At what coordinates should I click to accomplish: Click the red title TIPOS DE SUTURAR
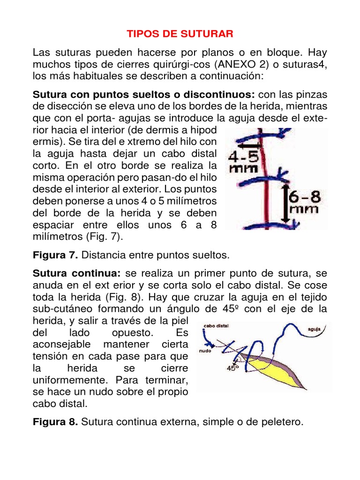[x=180, y=34]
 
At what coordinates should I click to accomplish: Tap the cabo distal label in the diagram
[x=216, y=325]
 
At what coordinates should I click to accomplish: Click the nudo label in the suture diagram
[x=205, y=350]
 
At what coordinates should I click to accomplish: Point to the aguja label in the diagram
[x=314, y=329]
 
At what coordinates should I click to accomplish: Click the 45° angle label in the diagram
[x=232, y=368]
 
